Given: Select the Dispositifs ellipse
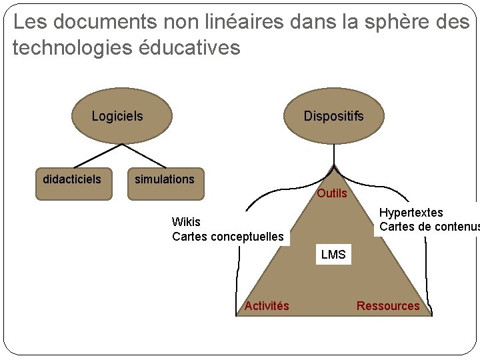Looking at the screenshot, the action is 333,116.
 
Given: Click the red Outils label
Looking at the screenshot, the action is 332,193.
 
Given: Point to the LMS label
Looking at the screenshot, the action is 333,255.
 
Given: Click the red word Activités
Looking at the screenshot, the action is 267,306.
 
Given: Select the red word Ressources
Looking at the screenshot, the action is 388,306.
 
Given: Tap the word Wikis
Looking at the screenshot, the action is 186,222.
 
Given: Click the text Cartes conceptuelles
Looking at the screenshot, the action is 228,237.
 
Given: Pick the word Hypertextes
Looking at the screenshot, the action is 411,213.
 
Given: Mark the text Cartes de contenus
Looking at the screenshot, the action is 429,227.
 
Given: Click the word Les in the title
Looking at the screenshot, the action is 29,22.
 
